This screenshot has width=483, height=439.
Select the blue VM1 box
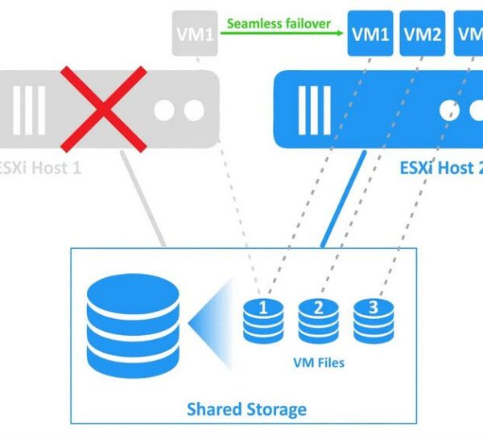pos(370,35)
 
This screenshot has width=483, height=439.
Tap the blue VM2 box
pos(423,35)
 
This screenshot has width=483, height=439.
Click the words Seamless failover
pos(279,23)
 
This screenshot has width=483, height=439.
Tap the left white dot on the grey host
pos(163,110)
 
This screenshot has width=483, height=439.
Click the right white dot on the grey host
pos(192,110)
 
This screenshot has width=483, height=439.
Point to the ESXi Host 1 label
pos(40,169)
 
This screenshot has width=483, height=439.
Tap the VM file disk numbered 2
pos(317,319)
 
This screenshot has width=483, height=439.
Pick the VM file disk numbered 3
pos(372,319)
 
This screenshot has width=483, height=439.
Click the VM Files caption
pos(317,362)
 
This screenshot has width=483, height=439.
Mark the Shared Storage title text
pos(246,409)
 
